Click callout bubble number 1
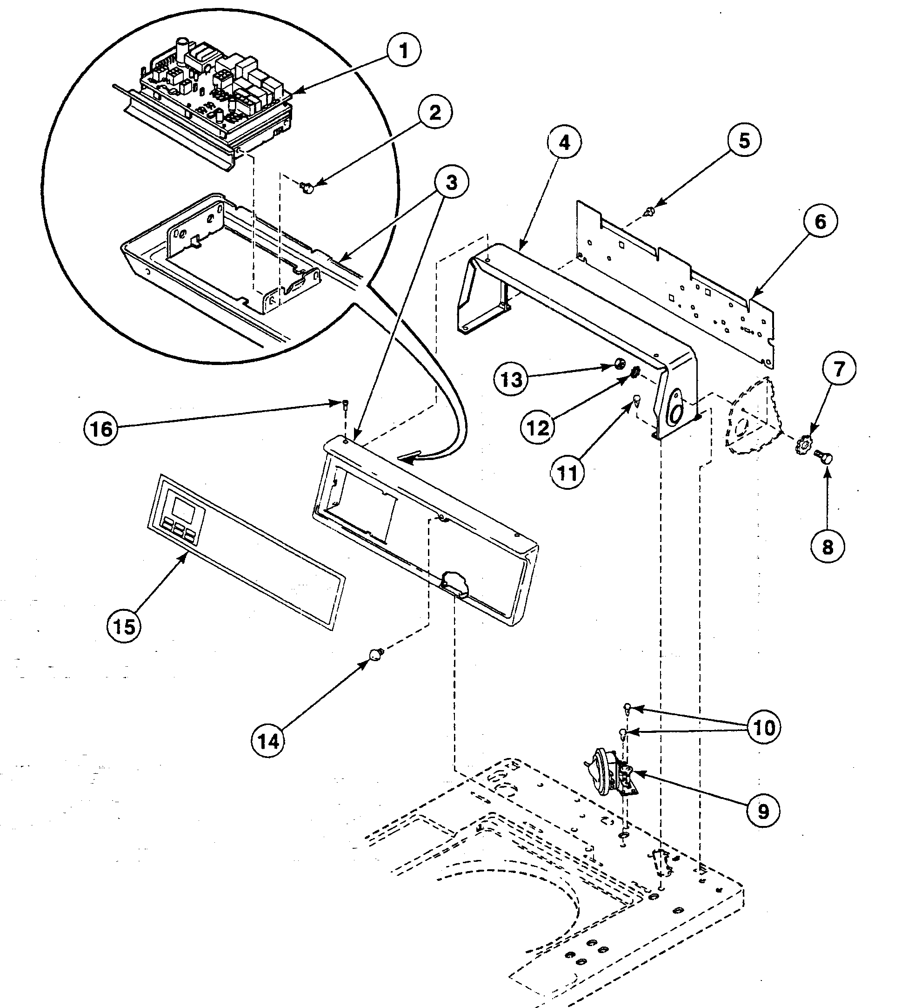point(404,50)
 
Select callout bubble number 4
point(564,142)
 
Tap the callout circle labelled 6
point(820,222)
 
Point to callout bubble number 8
point(827,547)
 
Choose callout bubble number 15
point(124,626)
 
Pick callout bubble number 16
point(101,428)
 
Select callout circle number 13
point(511,380)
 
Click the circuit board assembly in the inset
point(209,95)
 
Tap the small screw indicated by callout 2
point(308,188)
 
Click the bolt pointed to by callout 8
point(824,456)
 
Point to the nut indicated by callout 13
point(619,364)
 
